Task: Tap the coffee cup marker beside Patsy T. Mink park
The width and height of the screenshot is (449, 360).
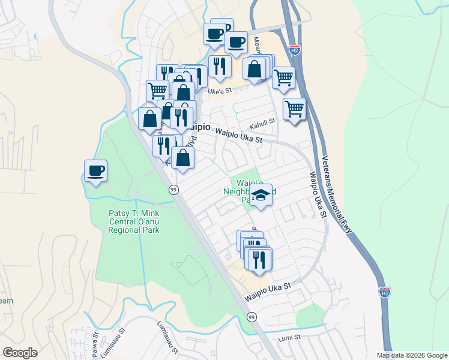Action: [x=95, y=171]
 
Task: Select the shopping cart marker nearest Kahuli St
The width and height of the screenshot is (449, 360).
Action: [x=294, y=110]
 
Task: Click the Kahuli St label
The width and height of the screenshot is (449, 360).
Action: [x=262, y=122]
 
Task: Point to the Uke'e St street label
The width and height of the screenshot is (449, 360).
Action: [x=219, y=92]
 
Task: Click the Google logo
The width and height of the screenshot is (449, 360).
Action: [x=20, y=353]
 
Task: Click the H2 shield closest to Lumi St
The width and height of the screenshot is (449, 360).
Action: [x=385, y=293]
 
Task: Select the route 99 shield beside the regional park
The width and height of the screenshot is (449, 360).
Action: [x=172, y=189]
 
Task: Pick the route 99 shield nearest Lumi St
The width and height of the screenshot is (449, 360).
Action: [x=252, y=316]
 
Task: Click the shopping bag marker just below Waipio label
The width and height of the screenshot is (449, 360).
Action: [x=183, y=158]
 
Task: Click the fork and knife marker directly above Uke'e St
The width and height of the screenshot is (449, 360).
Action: [x=219, y=67]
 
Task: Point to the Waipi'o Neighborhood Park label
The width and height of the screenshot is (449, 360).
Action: [x=249, y=188]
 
